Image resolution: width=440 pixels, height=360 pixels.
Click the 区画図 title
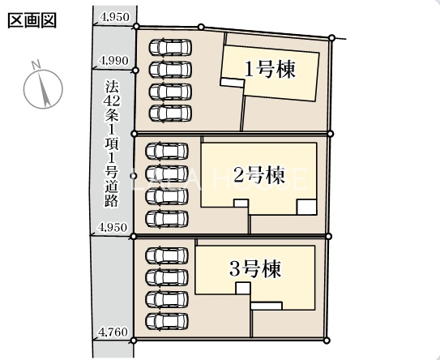coord(32,20)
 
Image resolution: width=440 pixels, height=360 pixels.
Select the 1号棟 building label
coord(271,70)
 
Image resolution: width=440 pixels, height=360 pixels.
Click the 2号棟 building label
coord(259,175)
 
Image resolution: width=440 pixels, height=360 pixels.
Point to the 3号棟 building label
coord(255,269)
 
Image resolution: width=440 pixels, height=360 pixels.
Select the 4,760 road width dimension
coord(113,332)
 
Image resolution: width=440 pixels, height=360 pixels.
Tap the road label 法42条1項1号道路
coord(112,144)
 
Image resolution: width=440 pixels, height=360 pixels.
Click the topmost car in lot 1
coord(170,48)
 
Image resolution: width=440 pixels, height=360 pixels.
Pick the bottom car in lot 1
coord(170,114)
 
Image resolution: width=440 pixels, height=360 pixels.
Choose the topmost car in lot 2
coord(167,152)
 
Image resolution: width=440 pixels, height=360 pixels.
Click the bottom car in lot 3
coord(167,321)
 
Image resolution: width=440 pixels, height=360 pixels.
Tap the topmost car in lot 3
coord(167,255)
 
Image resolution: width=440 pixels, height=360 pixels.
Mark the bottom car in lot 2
coord(167,218)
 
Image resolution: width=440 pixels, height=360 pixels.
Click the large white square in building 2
coord(307,207)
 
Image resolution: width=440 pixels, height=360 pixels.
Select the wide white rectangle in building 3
coord(267,306)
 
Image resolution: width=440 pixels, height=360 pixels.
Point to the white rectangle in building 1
coord(232,83)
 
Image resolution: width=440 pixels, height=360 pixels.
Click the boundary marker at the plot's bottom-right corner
coord(326,341)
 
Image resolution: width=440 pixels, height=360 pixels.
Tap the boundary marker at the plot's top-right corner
coord(331,37)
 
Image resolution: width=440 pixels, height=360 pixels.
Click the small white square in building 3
coord(243,288)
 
